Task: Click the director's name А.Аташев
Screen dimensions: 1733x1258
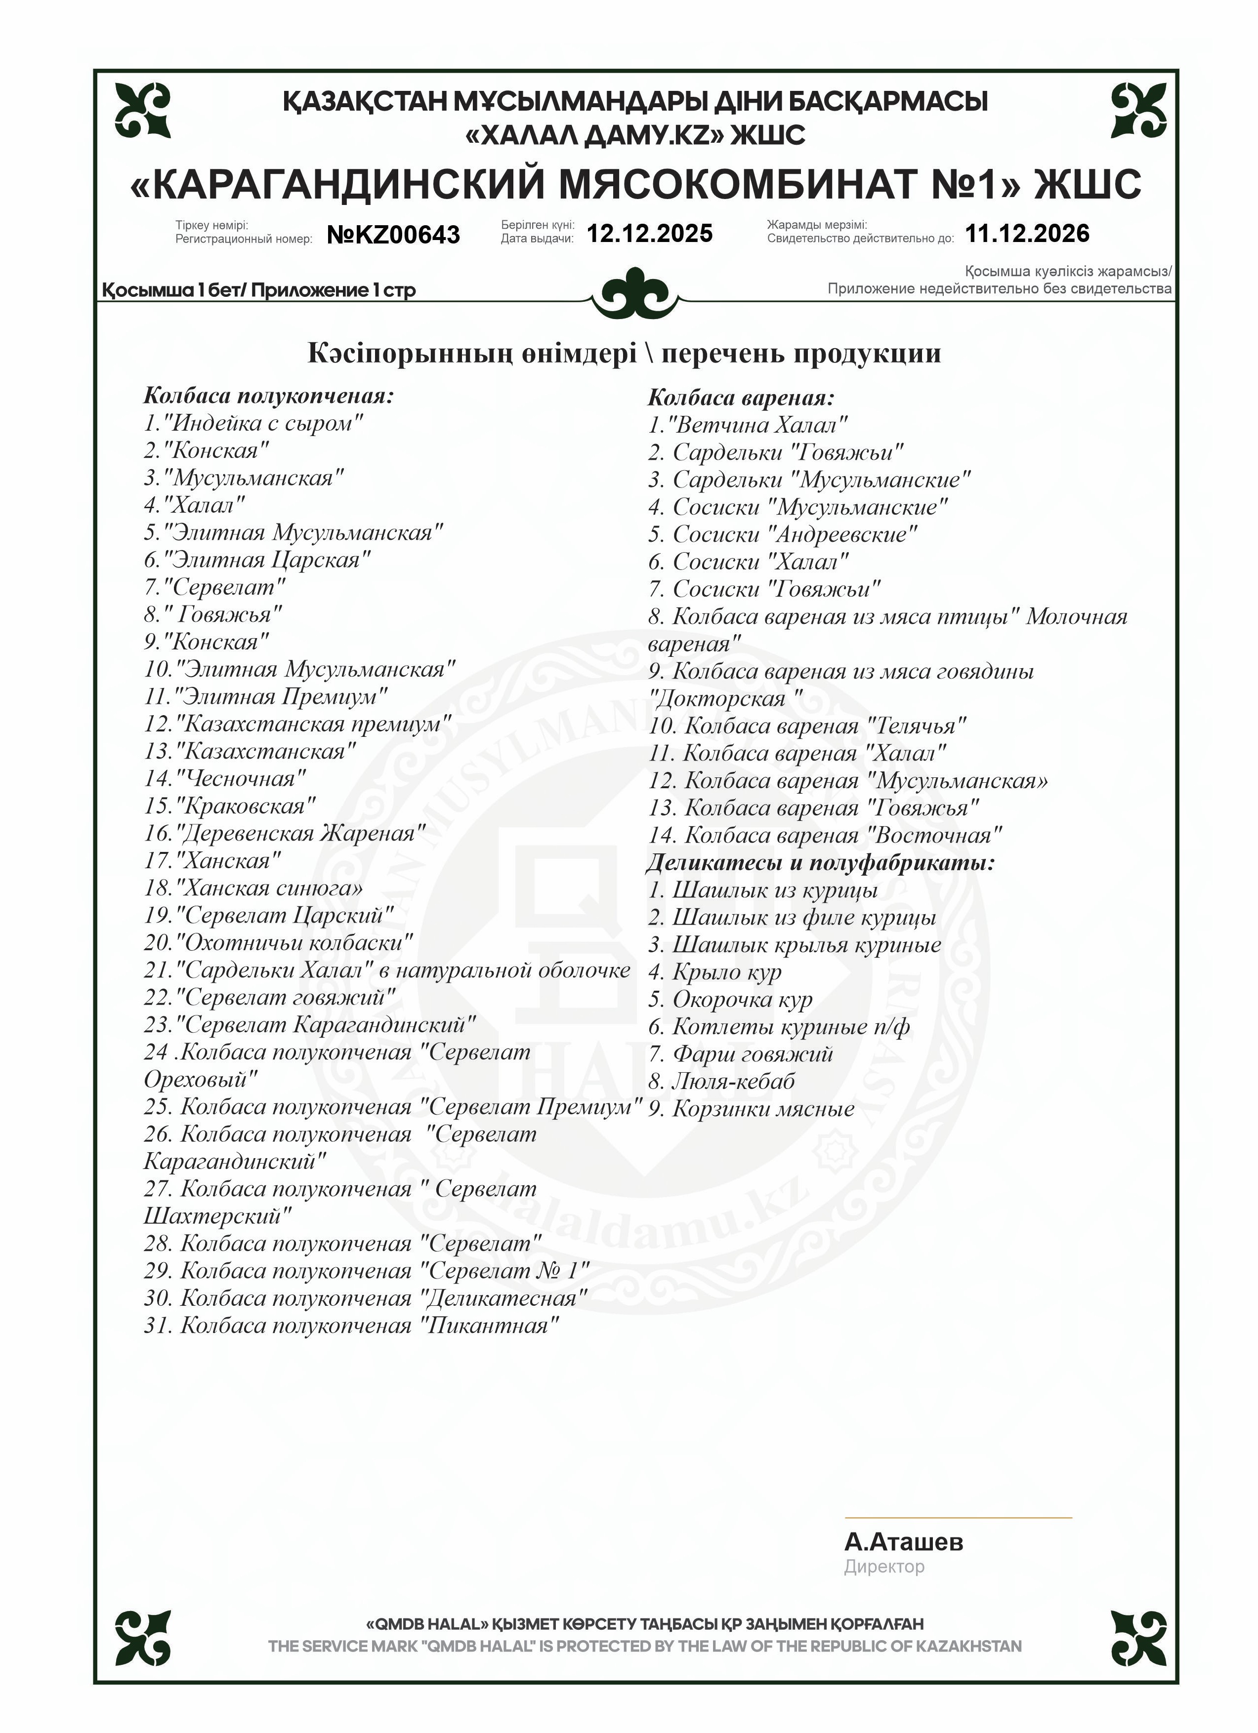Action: (903, 1542)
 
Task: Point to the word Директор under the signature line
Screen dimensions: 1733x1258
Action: (884, 1567)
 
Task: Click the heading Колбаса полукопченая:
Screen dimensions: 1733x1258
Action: (269, 396)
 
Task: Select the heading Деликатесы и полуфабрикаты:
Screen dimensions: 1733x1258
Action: (821, 863)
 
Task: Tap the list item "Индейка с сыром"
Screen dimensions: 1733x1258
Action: (254, 423)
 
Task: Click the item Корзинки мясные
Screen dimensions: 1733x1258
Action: (751, 1109)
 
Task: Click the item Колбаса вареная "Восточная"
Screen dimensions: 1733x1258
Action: (826, 835)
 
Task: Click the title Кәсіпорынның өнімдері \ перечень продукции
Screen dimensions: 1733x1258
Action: (624, 353)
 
